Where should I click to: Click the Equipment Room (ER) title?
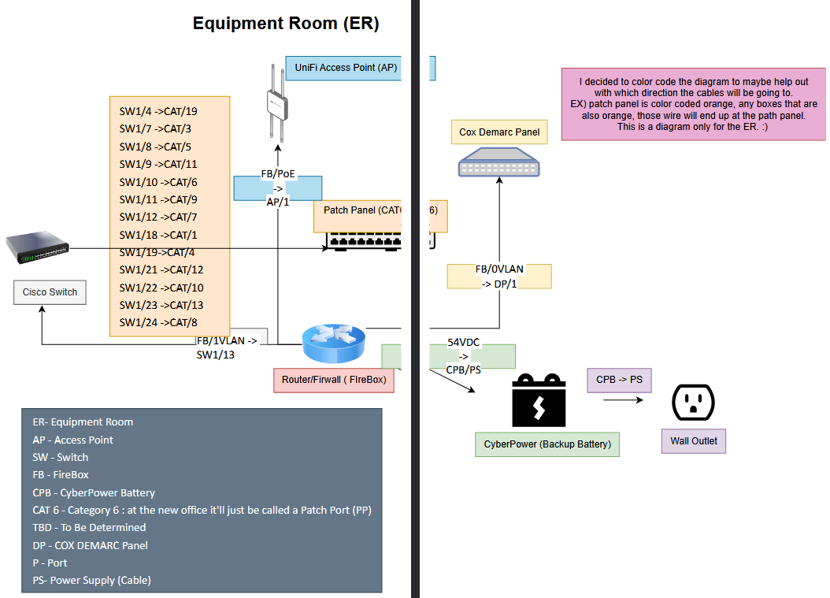tap(286, 24)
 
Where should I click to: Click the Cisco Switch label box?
tap(50, 292)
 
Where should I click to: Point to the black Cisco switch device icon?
tap(36, 248)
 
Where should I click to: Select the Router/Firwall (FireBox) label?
tap(333, 380)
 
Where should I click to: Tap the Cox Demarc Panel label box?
tap(499, 132)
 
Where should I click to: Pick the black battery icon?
tap(539, 401)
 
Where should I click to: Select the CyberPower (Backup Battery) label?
tap(547, 444)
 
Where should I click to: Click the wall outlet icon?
tap(693, 403)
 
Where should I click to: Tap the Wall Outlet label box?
tap(693, 441)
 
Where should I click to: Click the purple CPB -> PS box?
tap(619, 380)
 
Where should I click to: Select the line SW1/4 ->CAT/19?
tap(158, 111)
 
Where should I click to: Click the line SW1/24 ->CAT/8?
tap(158, 322)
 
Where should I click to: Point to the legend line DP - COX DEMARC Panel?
tap(90, 545)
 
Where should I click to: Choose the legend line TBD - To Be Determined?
tap(89, 527)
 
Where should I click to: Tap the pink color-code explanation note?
tap(694, 104)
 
